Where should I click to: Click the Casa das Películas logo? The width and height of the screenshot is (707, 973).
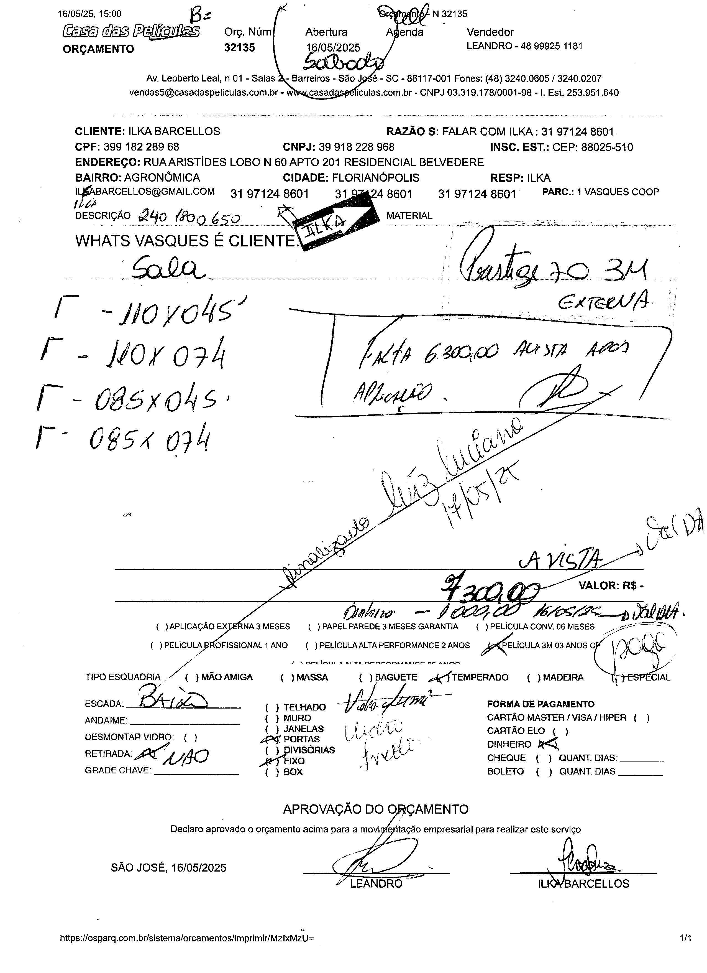click(131, 31)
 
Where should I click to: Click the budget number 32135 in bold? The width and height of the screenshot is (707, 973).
click(239, 48)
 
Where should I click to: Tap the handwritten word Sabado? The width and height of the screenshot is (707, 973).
click(343, 63)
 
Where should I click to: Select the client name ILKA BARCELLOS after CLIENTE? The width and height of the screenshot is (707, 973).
click(174, 131)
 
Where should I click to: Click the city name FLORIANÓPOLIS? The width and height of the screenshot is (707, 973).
click(376, 178)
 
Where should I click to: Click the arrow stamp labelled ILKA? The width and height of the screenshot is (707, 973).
click(337, 223)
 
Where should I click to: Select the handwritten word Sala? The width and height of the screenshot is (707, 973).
click(168, 269)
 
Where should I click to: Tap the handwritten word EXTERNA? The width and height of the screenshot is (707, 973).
click(604, 304)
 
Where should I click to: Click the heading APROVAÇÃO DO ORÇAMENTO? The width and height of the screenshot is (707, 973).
click(376, 809)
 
